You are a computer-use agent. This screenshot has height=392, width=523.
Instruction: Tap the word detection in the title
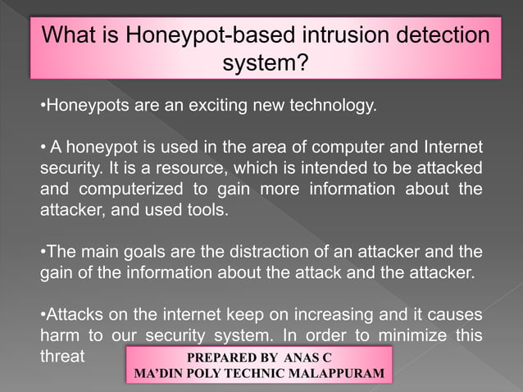click(x=434, y=36)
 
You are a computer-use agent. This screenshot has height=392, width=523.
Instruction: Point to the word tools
click(x=208, y=210)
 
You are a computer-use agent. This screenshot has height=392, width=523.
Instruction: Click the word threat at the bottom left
click(x=62, y=357)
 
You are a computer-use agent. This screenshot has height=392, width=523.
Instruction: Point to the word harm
click(x=61, y=336)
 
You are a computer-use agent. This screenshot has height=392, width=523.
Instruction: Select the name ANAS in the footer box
click(x=302, y=358)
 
